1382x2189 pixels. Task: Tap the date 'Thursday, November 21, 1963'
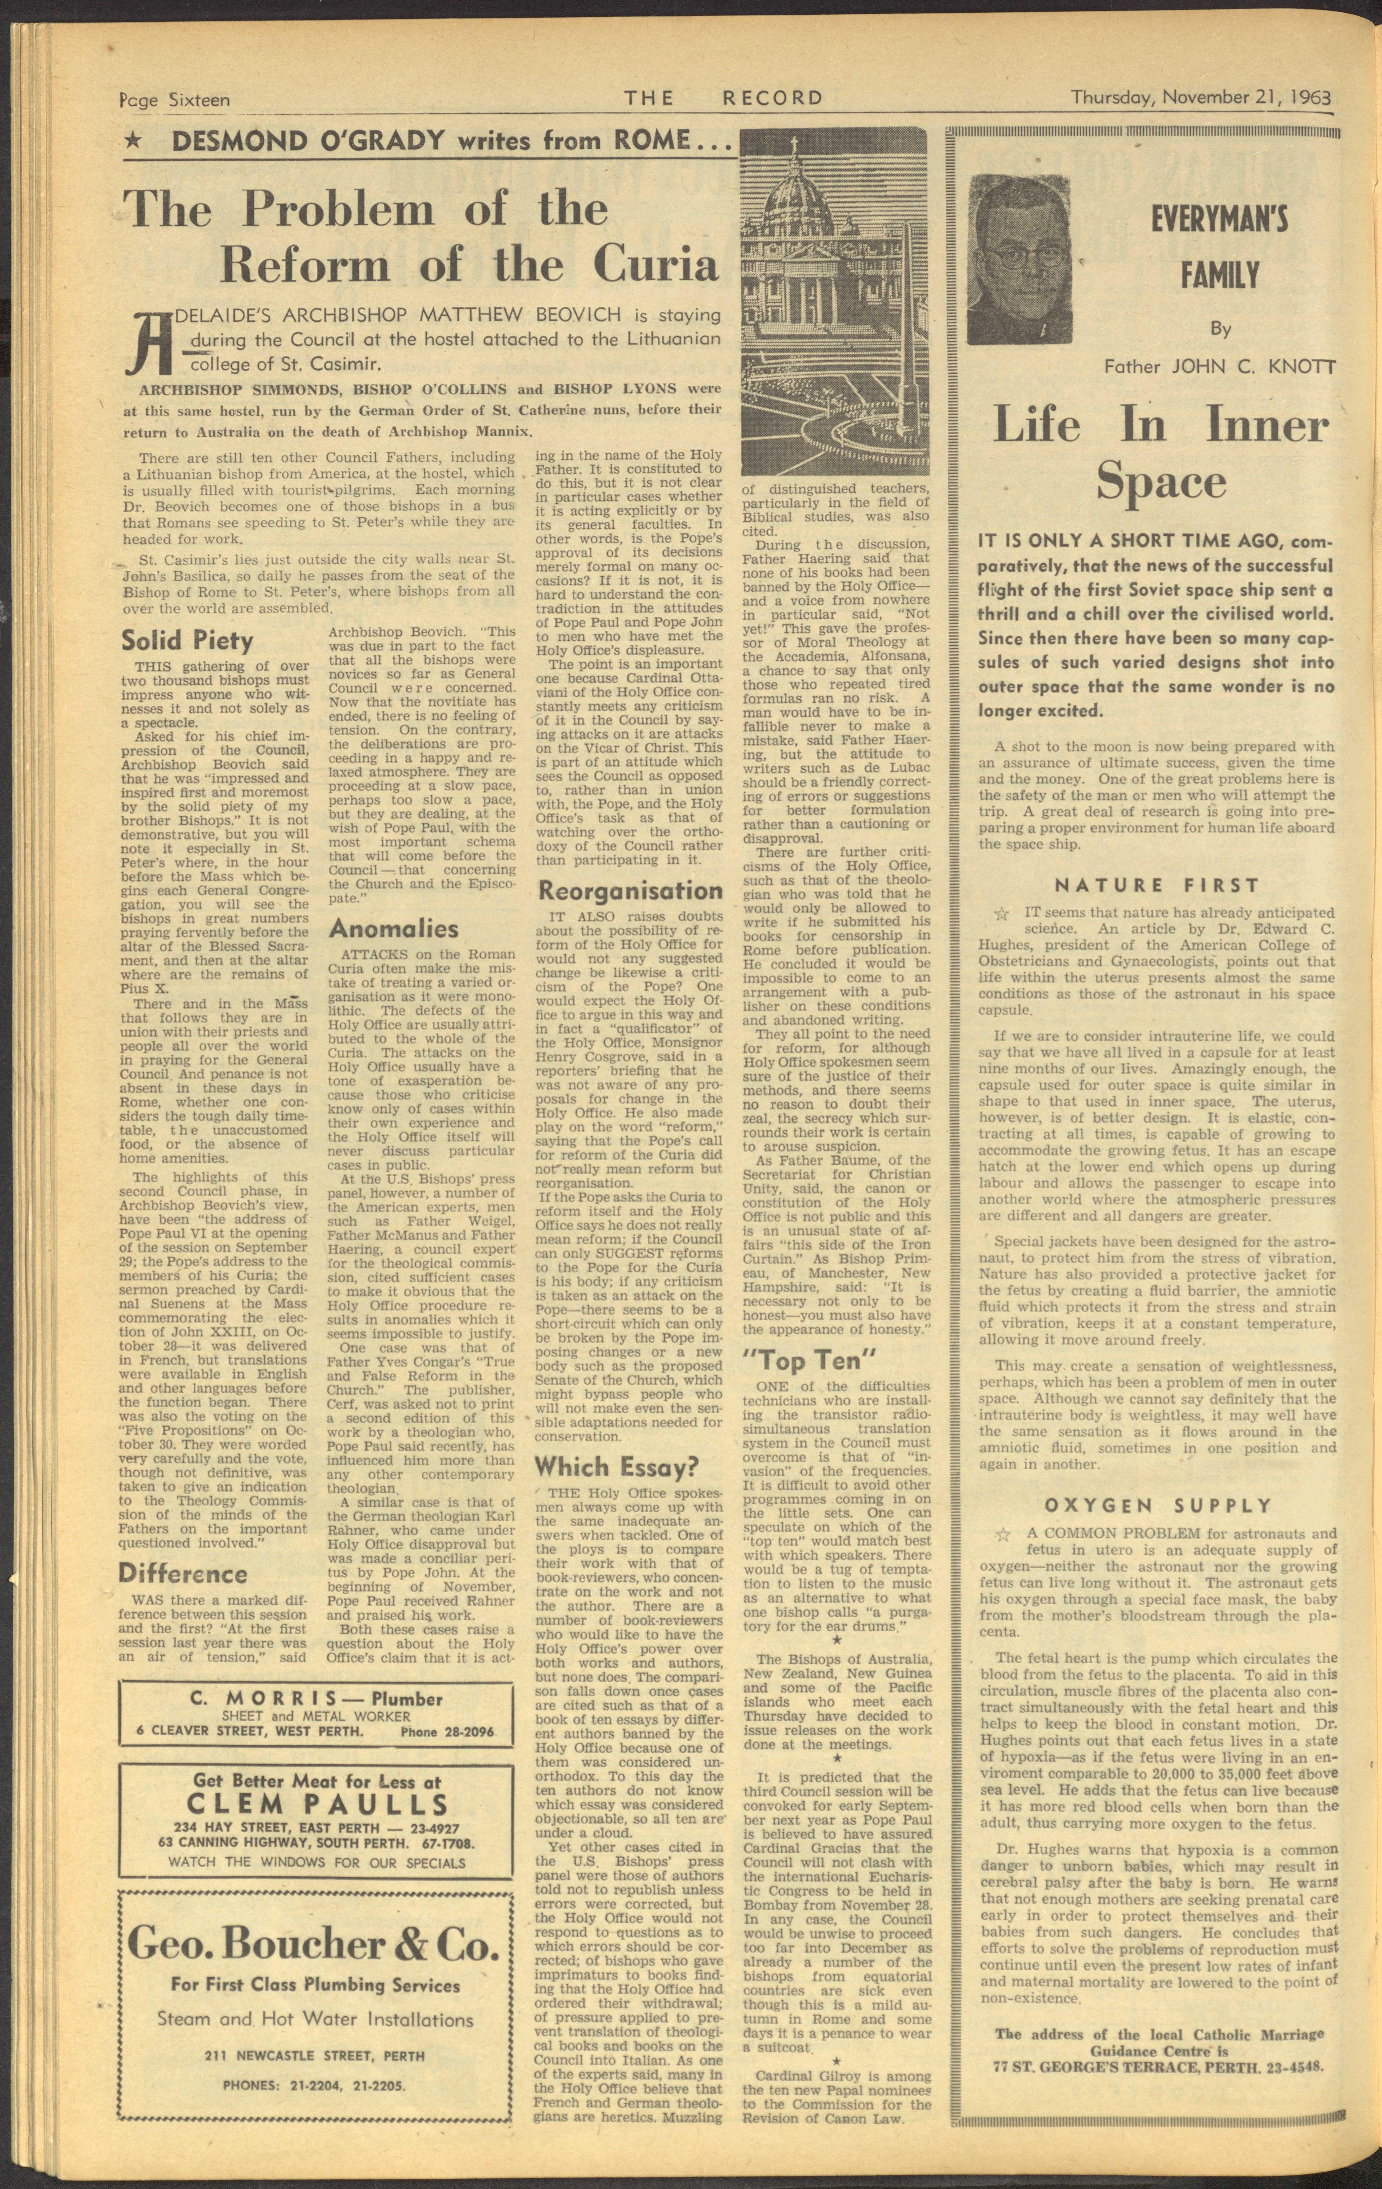(x=1200, y=96)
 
